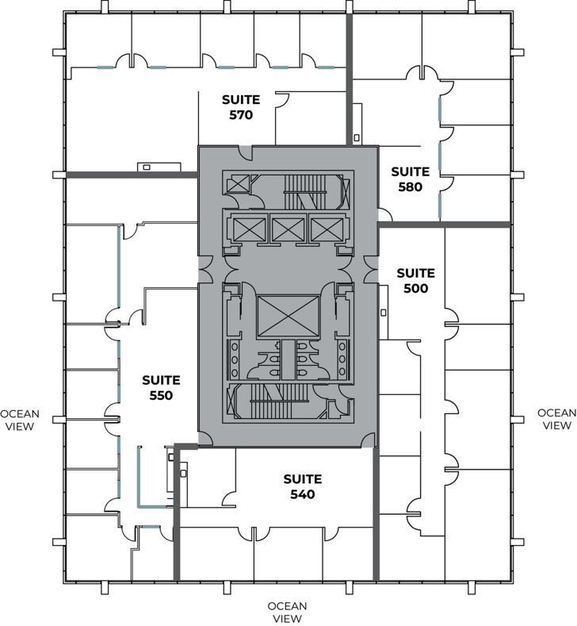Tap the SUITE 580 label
click(x=410, y=179)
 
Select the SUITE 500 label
click(x=416, y=281)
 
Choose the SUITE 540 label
click(x=303, y=486)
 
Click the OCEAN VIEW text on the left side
click(x=20, y=419)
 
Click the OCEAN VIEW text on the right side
click(x=556, y=419)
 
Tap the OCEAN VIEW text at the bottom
click(x=287, y=612)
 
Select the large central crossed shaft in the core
click(x=286, y=315)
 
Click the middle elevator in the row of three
click(x=286, y=229)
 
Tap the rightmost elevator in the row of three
click(x=326, y=229)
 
